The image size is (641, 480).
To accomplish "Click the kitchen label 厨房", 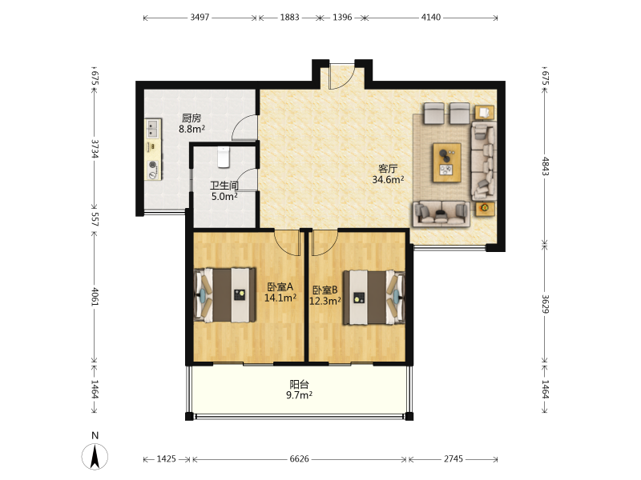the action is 191,118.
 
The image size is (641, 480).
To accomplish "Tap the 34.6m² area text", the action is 388,179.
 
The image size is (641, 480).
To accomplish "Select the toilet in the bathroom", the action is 224,157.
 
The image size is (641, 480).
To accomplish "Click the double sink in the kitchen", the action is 152,128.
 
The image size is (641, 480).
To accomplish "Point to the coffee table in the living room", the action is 447,162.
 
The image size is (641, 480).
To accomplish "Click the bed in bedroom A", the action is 224,294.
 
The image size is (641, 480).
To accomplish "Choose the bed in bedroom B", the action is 373,298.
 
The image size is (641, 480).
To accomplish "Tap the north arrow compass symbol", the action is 95,456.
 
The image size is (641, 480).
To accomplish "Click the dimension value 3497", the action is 200,17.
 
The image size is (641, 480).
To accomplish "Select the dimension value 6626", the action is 299,458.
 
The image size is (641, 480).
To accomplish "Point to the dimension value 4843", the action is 546,166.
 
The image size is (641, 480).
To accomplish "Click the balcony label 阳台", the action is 299,384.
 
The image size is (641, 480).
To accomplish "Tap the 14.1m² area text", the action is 280,298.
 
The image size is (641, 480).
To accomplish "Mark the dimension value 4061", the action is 95,297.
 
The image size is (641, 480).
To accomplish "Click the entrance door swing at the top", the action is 342,76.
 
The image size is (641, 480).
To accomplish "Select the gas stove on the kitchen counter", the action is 153,170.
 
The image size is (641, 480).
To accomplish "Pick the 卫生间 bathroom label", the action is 224,186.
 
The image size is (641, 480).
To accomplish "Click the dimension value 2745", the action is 454,458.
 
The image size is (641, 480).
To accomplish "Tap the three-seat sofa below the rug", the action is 441,214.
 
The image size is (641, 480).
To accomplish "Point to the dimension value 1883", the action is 289,17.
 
